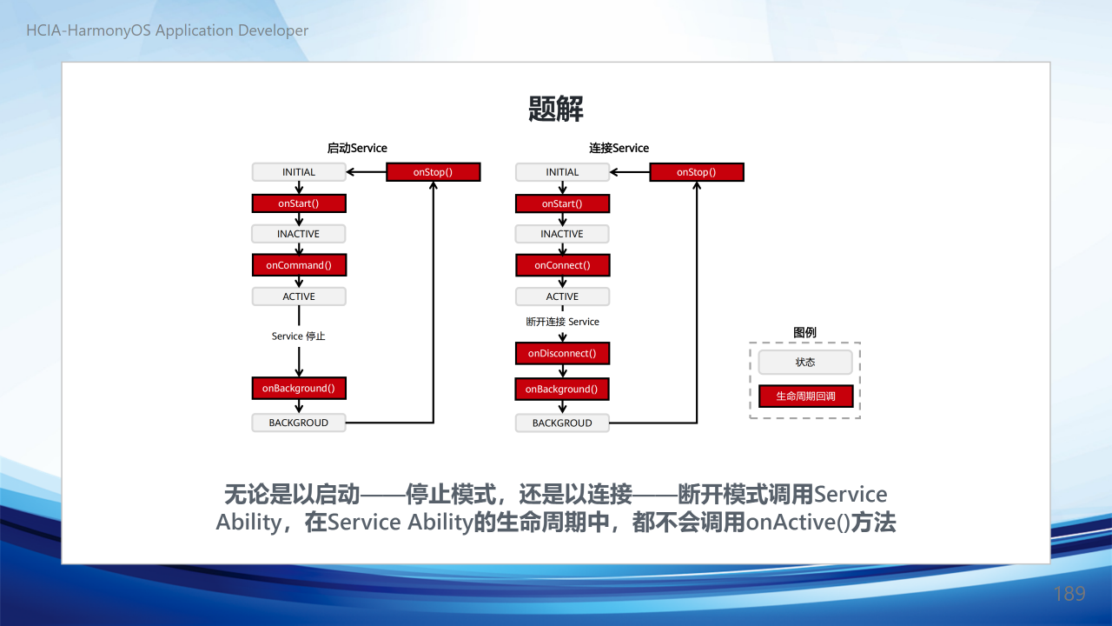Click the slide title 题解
[555, 109]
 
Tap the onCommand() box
[299, 265]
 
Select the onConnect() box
[562, 265]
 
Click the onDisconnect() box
[562, 353]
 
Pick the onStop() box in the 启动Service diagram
[433, 172]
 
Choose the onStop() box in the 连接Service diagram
[697, 172]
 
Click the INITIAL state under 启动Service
[299, 172]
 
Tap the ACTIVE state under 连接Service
[562, 296]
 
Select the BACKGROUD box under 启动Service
[299, 423]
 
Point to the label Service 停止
[298, 336]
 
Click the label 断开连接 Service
[562, 322]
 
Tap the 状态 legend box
[805, 363]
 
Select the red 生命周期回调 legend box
[805, 396]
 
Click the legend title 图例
[804, 332]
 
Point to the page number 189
[1069, 594]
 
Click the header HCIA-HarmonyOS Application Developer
[168, 30]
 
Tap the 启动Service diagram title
[357, 148]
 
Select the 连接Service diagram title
[619, 148]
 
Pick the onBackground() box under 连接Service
[562, 389]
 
